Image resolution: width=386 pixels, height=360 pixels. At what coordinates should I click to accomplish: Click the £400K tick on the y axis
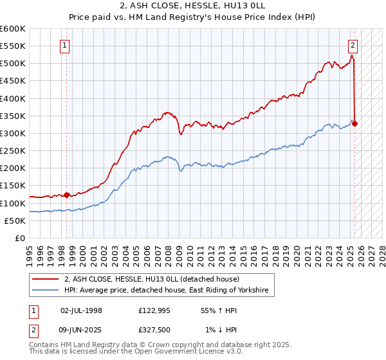[x=13, y=98]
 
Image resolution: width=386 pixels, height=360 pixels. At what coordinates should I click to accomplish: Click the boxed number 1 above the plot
[x=66, y=45]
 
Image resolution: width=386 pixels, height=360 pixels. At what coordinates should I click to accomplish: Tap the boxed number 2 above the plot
[x=353, y=45]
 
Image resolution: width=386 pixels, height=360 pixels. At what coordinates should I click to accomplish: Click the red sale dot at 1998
[x=66, y=195]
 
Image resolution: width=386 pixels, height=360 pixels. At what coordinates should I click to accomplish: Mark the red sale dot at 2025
[x=355, y=123]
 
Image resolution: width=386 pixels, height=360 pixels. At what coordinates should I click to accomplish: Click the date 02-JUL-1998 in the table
[x=81, y=310]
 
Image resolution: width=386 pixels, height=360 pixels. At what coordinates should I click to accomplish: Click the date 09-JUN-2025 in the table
[x=81, y=330]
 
